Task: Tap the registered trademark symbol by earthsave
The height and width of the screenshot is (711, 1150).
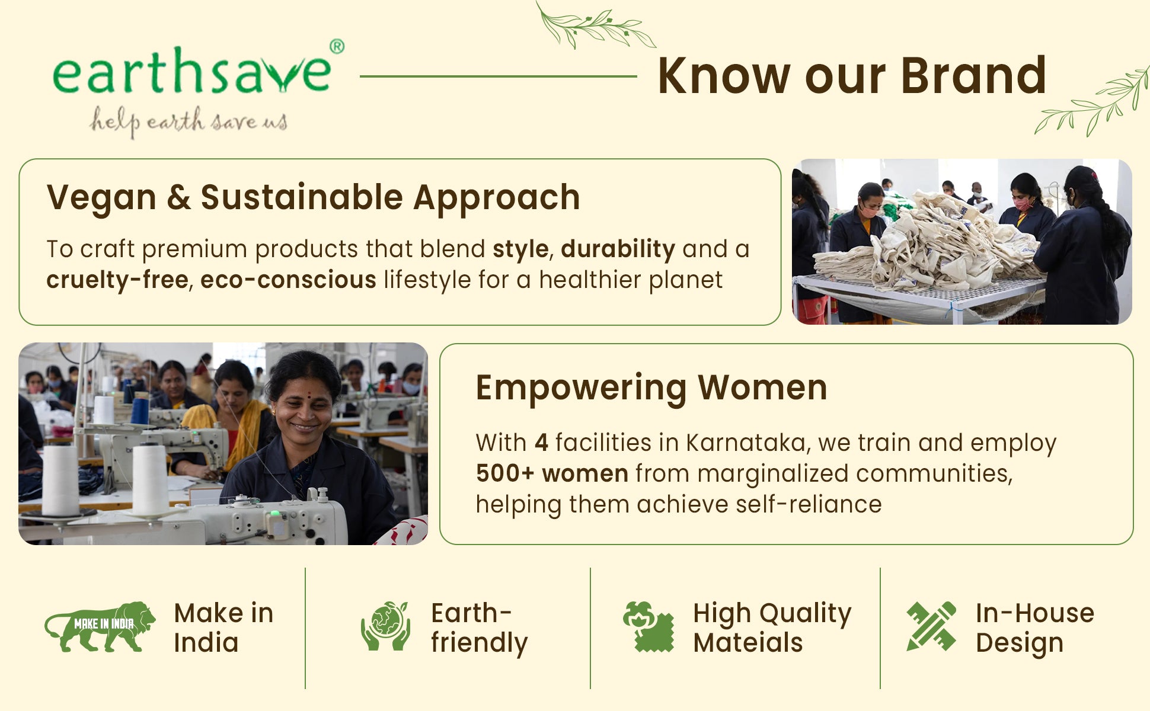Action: pyautogui.click(x=337, y=47)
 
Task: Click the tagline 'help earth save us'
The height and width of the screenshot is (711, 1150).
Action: pyautogui.click(x=189, y=122)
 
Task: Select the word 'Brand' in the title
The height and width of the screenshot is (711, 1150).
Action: pyautogui.click(x=973, y=76)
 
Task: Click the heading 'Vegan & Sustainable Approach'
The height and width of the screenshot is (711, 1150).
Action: pyautogui.click(x=314, y=198)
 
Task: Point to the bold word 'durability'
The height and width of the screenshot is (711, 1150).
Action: pyautogui.click(x=618, y=249)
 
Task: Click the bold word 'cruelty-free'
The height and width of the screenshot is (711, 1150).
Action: pyautogui.click(x=117, y=280)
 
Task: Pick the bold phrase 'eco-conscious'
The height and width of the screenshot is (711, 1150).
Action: pyautogui.click(x=288, y=280)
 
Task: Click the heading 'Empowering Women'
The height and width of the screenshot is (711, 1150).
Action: pyautogui.click(x=651, y=388)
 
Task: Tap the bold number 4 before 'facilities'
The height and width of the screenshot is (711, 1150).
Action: pyautogui.click(x=541, y=443)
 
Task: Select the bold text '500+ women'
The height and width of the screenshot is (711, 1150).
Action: pyautogui.click(x=552, y=474)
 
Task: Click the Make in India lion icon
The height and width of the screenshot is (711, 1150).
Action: pyautogui.click(x=100, y=627)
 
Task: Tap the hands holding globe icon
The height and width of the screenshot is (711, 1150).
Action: pyautogui.click(x=385, y=626)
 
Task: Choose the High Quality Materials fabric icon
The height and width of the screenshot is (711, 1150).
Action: pyautogui.click(x=649, y=626)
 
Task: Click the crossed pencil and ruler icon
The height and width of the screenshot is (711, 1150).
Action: pyautogui.click(x=931, y=626)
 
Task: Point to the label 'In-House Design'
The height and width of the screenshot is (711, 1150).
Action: pyautogui.click(x=1034, y=628)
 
